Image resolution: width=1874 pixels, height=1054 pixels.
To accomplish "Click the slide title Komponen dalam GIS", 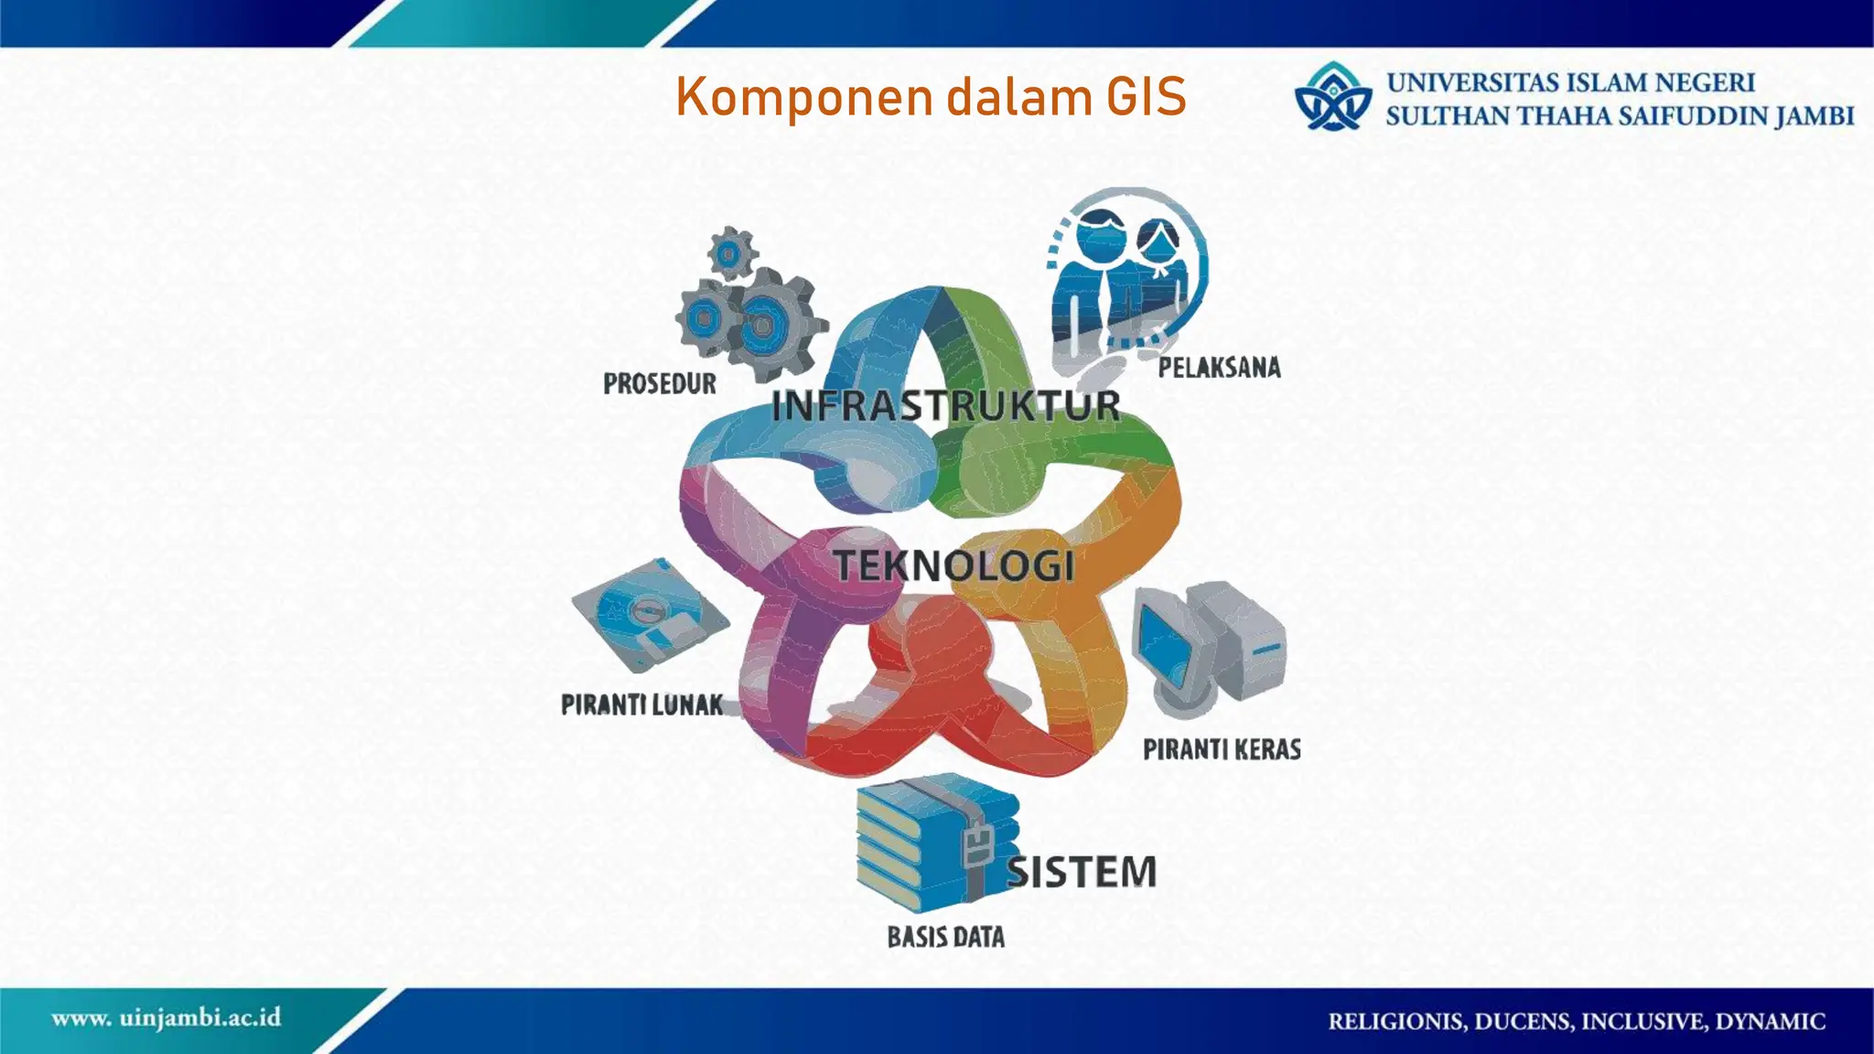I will [931, 97].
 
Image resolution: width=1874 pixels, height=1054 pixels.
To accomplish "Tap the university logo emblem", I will [1333, 97].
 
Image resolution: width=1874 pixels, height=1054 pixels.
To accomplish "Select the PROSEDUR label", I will [660, 383].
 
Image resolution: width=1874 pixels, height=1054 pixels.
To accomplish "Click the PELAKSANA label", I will [1219, 368].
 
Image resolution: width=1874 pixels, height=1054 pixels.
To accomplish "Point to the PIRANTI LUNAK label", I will [641, 704].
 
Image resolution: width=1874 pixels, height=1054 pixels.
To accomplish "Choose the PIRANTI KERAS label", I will [1222, 749].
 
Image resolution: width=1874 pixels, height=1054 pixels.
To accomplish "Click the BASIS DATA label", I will [945, 937].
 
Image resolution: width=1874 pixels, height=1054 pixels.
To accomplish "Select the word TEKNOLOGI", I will [953, 565].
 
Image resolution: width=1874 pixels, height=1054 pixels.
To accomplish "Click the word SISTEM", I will [1082, 872].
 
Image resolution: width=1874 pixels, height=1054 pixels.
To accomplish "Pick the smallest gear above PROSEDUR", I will [731, 253].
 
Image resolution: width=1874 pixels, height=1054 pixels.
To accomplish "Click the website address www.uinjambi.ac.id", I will [166, 1018].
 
